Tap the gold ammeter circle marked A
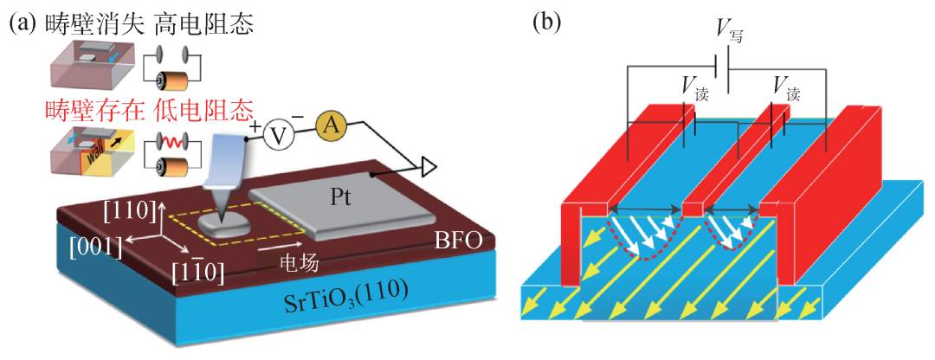327,124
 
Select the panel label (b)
547,22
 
